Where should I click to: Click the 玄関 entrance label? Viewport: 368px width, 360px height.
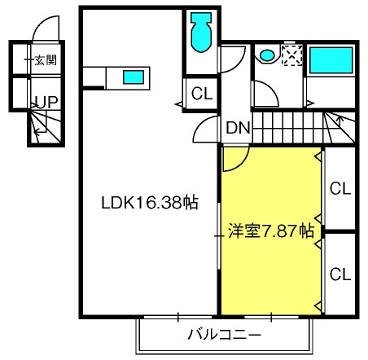click(x=46, y=60)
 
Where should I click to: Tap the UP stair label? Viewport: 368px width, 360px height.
click(x=47, y=103)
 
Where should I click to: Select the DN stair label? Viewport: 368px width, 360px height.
click(x=238, y=128)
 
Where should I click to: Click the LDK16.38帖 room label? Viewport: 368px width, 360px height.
click(x=150, y=202)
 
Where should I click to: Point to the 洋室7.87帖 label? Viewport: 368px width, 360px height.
click(x=271, y=231)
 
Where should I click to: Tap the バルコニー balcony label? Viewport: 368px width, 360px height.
click(x=225, y=335)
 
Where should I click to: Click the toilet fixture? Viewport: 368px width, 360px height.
click(x=201, y=33)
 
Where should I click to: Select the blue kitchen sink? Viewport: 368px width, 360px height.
click(x=134, y=77)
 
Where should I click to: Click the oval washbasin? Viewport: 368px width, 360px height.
click(x=267, y=55)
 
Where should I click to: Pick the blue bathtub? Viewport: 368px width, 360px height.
click(x=331, y=60)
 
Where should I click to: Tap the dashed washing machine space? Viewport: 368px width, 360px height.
click(x=292, y=55)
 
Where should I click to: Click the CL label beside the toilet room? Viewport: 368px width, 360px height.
click(x=202, y=94)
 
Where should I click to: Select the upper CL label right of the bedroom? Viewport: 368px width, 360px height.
click(x=340, y=188)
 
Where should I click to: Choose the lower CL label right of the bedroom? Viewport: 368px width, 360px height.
click(x=340, y=274)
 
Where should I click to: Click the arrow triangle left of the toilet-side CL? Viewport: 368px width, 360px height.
click(x=179, y=103)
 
